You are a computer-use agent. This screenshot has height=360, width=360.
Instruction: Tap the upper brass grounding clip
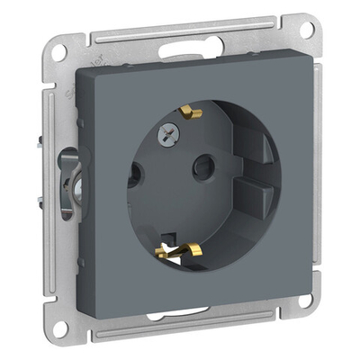[x=190, y=112]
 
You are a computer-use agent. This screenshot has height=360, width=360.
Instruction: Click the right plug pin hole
[x=206, y=164]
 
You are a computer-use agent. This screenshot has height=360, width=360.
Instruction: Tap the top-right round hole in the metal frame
[x=307, y=30]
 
